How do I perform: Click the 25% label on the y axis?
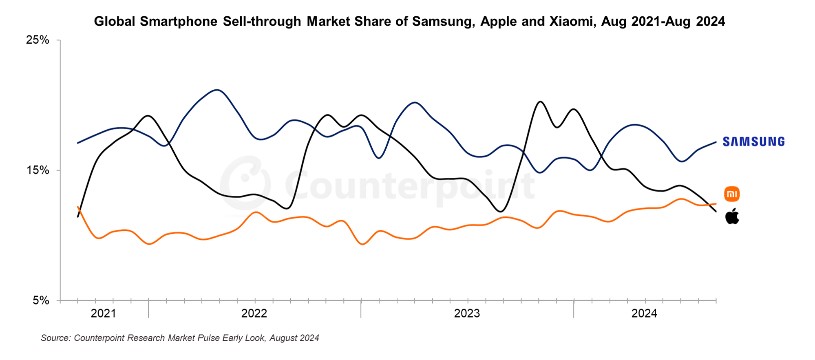click(x=38, y=40)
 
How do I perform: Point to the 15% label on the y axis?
click(x=38, y=170)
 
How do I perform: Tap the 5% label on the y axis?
click(x=40, y=301)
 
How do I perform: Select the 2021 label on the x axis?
click(x=103, y=314)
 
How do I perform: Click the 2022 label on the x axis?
click(x=254, y=314)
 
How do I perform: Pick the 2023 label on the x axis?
click(x=467, y=314)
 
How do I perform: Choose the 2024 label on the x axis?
click(x=644, y=314)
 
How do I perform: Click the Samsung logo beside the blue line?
click(x=753, y=141)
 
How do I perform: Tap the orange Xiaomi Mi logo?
click(x=732, y=194)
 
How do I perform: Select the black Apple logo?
click(x=732, y=216)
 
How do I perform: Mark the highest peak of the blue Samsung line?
click(x=217, y=90)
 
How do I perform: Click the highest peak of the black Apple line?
click(x=540, y=101)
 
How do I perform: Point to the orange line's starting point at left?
click(x=77, y=207)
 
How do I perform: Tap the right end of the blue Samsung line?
click(x=716, y=142)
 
